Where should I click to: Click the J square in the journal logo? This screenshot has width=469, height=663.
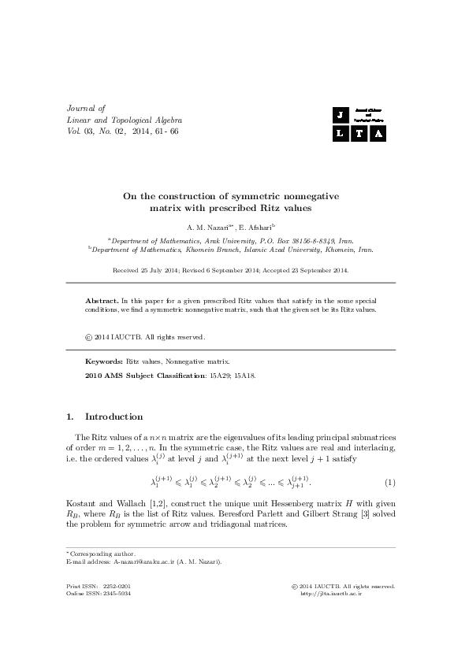(x=339, y=114)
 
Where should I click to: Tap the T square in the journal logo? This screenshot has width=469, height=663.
(x=359, y=134)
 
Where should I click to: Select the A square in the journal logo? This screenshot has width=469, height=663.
(x=378, y=134)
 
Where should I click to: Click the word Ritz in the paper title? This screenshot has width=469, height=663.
(x=278, y=209)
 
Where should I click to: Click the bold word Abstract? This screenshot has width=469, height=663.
(x=101, y=302)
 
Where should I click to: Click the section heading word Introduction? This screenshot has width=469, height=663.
(x=114, y=417)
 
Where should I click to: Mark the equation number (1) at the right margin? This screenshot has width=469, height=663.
(x=389, y=481)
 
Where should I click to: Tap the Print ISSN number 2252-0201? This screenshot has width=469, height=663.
(x=117, y=587)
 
